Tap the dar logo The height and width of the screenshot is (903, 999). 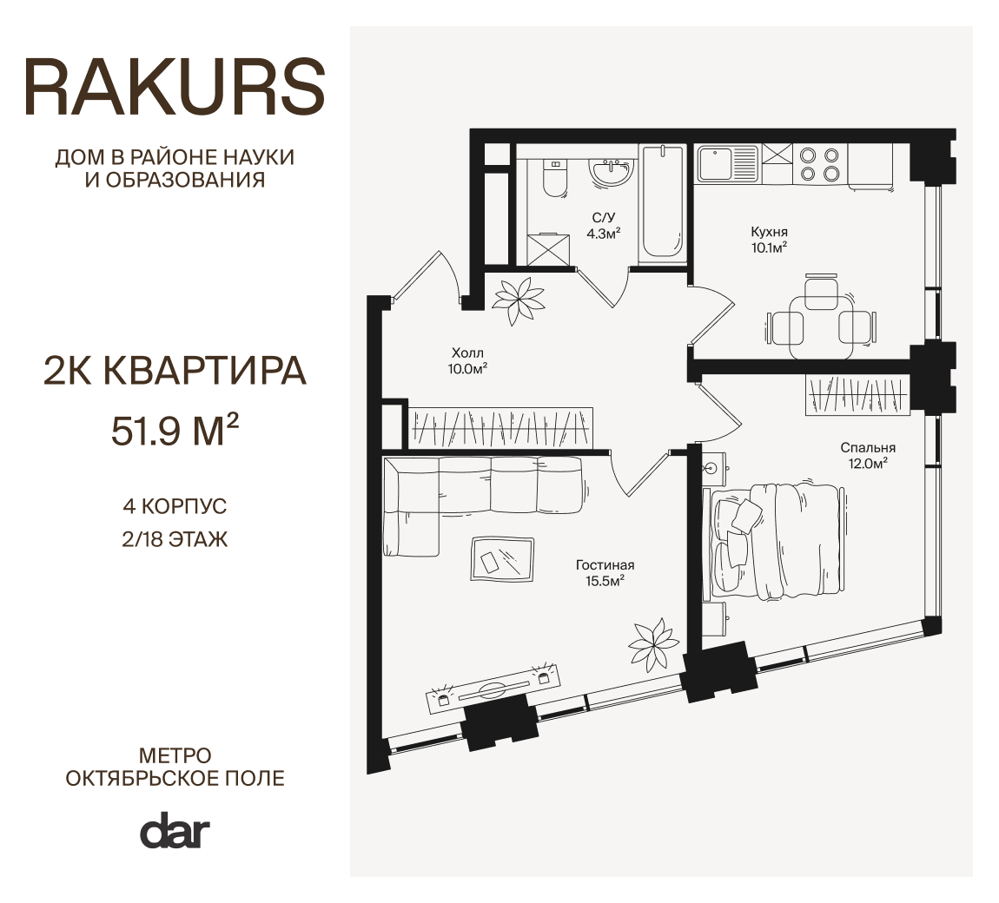click(175, 829)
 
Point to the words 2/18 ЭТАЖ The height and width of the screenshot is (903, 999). click(175, 540)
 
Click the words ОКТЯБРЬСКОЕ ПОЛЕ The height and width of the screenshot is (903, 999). click(175, 778)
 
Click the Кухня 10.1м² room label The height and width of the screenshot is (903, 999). click(769, 240)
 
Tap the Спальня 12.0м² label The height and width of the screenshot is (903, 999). click(868, 455)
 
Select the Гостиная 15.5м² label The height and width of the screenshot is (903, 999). click(605, 572)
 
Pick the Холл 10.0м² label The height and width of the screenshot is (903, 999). click(467, 360)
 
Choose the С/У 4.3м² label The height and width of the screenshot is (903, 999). click(604, 226)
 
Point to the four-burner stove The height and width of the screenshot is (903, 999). click(819, 163)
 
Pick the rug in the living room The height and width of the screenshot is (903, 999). click(502, 559)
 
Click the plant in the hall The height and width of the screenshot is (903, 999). click(519, 300)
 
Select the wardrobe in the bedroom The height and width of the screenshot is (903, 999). click(857, 395)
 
